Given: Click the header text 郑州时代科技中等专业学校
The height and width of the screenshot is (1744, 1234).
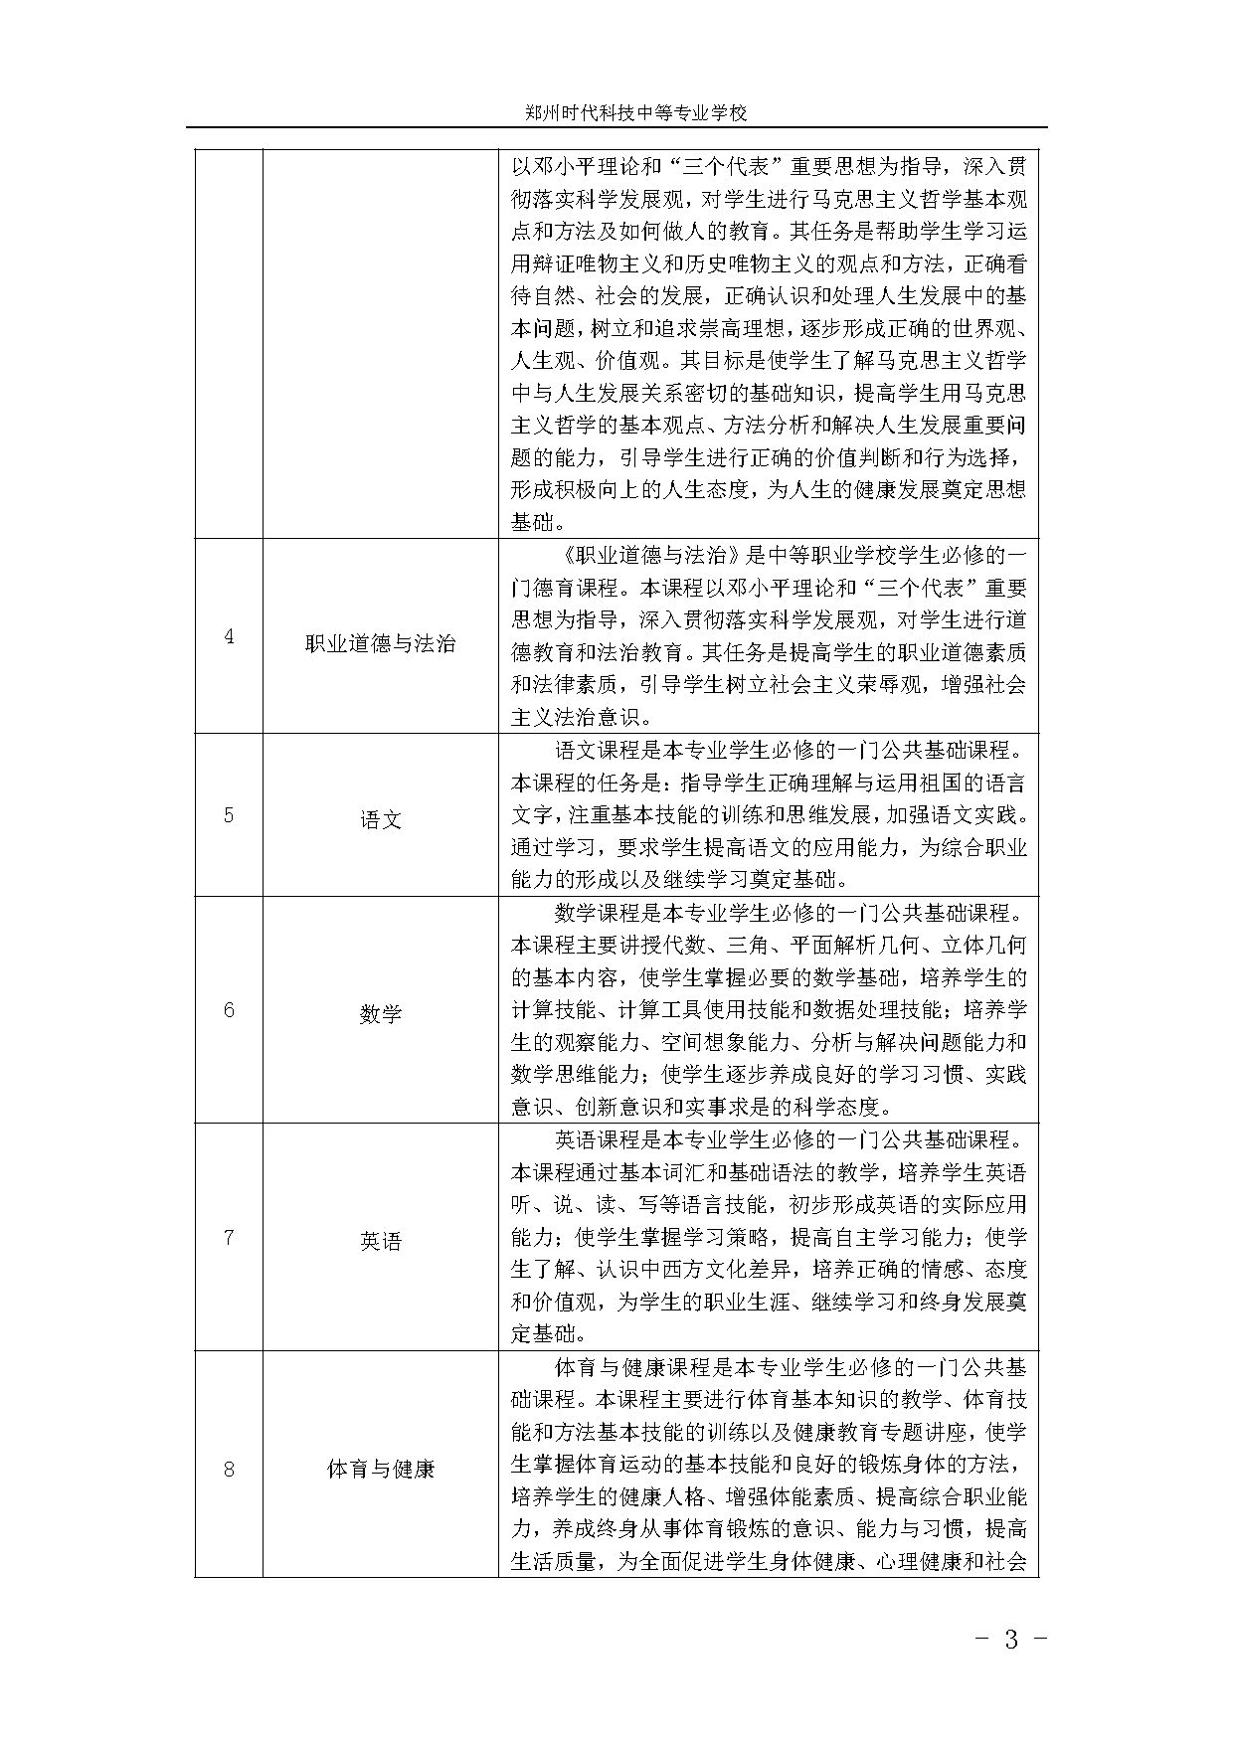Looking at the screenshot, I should (635, 113).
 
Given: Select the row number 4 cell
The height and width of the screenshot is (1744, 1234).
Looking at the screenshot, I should (229, 636).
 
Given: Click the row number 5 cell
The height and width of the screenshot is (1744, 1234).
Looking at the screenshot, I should (229, 815).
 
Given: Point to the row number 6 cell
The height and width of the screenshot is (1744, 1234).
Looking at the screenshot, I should (229, 1010).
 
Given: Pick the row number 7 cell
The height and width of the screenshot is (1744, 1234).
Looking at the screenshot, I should (229, 1238).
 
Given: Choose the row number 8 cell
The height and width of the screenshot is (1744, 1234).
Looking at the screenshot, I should (229, 1468).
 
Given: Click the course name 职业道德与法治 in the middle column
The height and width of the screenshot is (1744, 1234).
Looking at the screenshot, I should (380, 644).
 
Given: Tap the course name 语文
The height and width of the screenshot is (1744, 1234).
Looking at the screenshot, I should (380, 820).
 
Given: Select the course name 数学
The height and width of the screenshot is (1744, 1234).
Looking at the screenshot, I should (380, 1015).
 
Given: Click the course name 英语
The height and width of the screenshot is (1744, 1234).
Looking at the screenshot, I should (380, 1242).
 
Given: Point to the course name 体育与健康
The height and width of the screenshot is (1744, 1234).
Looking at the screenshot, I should (380, 1469).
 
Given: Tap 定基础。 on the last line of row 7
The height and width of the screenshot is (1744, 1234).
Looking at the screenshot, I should (549, 1333).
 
